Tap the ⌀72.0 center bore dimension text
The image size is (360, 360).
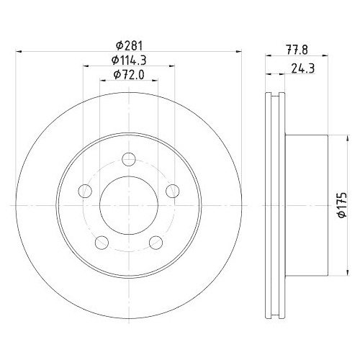pyautogui.click(x=128, y=74)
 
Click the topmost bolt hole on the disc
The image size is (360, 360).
pyautogui.click(x=129, y=160)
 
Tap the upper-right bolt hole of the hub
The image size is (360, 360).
pyautogui.click(x=172, y=190)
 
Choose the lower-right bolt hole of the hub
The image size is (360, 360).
pyautogui.click(x=156, y=241)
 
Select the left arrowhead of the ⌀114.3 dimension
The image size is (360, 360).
pyautogui.click(x=86, y=66)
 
